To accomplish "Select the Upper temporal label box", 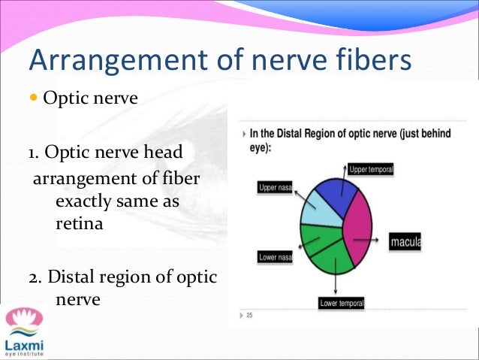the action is pyautogui.click(x=371, y=171).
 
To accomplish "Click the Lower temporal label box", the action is pyautogui.click(x=341, y=304).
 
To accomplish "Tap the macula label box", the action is pyautogui.click(x=405, y=243).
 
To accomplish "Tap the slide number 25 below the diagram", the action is pyautogui.click(x=249, y=315).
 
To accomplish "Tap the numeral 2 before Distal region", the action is pyautogui.click(x=32, y=277).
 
